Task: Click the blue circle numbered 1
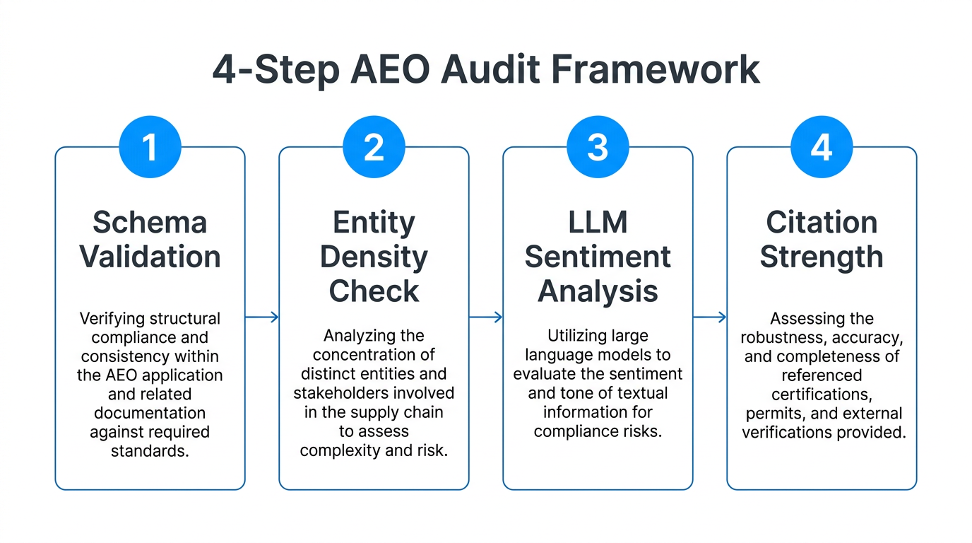point(150,147)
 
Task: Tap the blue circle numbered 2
point(374,147)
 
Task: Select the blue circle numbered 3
point(598,147)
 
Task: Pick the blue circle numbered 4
point(822,147)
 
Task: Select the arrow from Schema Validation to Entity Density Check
point(262,317)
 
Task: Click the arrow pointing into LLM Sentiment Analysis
point(486,317)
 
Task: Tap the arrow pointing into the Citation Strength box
point(710,317)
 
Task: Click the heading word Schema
point(150,223)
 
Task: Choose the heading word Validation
point(150,257)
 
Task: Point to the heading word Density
point(374,257)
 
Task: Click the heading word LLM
point(598,223)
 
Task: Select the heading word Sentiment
point(598,257)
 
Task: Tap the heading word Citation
point(822,223)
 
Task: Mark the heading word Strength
point(822,257)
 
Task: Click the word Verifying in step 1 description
point(111,318)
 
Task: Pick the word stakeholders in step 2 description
point(337,392)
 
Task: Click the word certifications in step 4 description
point(822,394)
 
